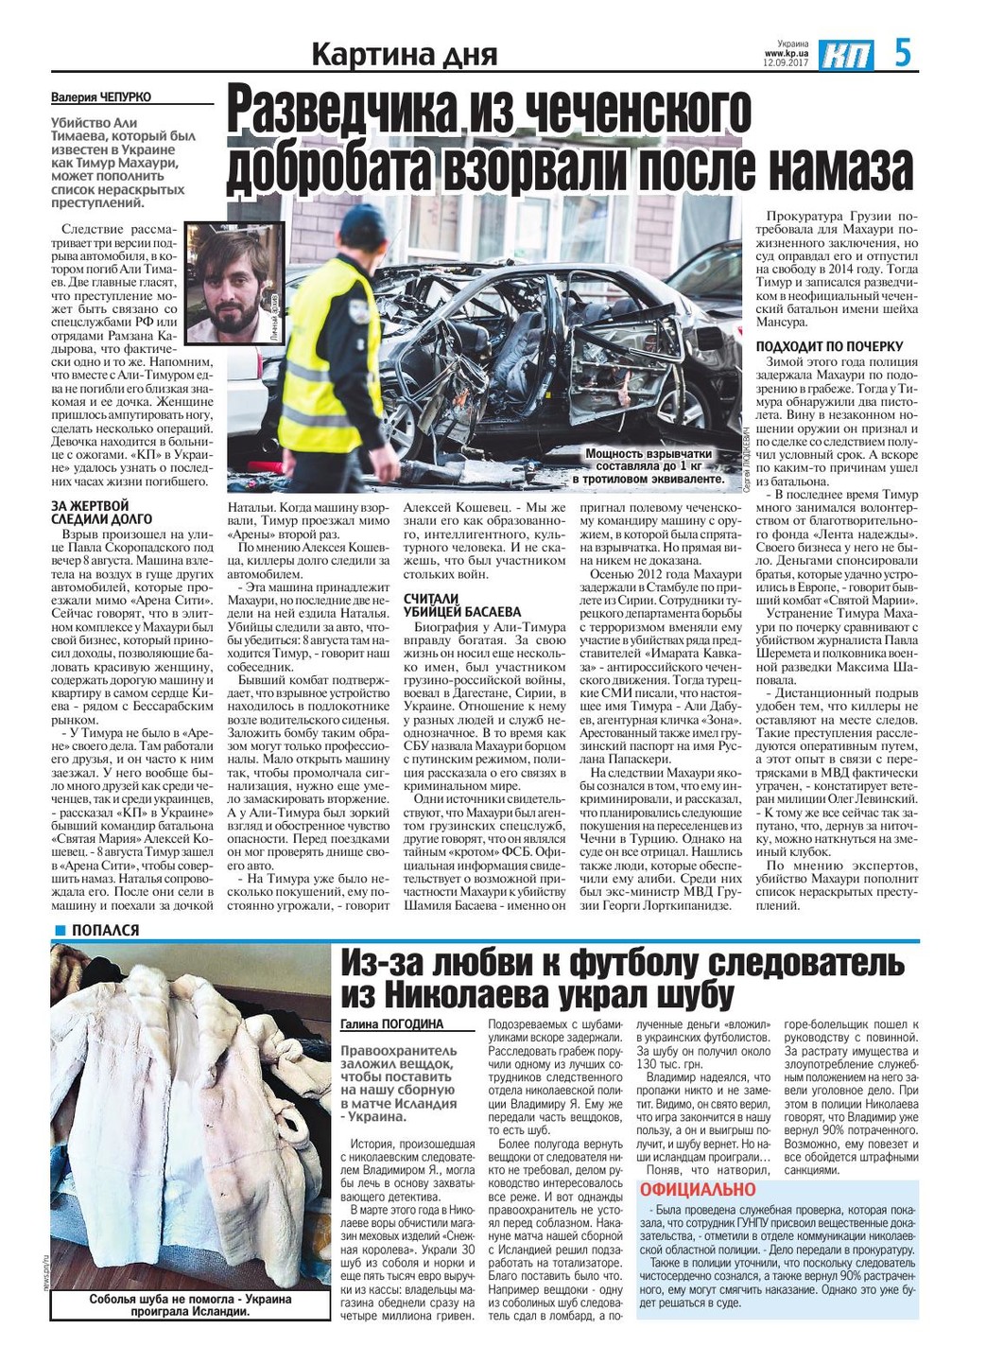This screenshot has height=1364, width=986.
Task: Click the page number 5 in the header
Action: click(x=903, y=52)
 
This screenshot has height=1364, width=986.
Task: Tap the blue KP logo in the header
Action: click(x=846, y=55)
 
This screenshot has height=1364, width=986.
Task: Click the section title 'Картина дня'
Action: click(x=405, y=56)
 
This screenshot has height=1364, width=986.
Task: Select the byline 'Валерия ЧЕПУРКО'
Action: click(x=101, y=97)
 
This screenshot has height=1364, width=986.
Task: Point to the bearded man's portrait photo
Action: click(x=235, y=283)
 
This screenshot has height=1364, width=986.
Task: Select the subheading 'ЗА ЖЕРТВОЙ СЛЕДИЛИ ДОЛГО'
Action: click(x=101, y=513)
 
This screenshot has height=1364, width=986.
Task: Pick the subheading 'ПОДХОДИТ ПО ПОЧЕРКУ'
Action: click(x=829, y=346)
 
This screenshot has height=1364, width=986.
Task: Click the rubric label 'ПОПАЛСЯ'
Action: click(x=105, y=930)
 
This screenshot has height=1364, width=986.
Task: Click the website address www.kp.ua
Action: click(x=787, y=54)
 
